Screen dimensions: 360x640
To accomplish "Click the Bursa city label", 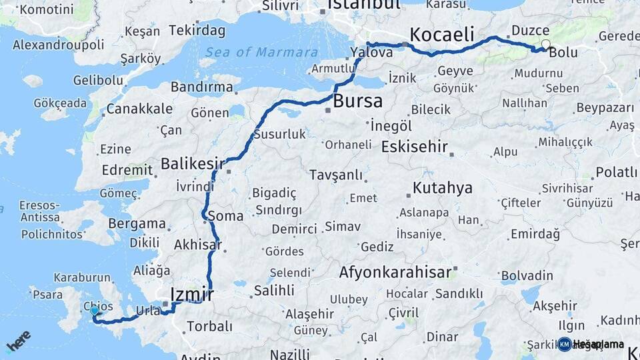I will pos(358,101).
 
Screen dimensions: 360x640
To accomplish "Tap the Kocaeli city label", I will pos(441,33).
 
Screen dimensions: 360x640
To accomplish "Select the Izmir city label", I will pos(191,293).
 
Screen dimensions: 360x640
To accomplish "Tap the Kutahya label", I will pos(442,187).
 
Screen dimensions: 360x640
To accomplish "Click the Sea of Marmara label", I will pos(261,52).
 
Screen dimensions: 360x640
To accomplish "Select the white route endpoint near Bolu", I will pos(546,45).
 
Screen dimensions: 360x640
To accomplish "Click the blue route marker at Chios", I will pos(94,311).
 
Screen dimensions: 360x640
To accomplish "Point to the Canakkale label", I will pos(139,109).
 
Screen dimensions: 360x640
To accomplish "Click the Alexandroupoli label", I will pos(59,45).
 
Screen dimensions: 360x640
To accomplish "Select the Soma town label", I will pos(225,216).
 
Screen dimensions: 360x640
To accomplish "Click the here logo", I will pos(18,341).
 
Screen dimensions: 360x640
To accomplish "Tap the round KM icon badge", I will pos(564,344).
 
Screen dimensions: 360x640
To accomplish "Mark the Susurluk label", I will pos(279,134).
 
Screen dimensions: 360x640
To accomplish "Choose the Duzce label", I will pos(530,30).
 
